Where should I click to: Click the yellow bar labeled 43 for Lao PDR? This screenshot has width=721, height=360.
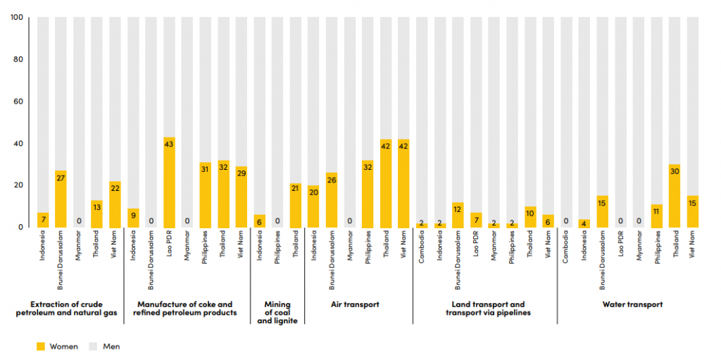(169, 183)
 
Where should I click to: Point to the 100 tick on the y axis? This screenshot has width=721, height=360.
(15, 17)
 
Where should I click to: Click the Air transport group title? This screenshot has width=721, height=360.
(356, 305)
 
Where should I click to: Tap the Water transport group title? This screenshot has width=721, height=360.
(632, 305)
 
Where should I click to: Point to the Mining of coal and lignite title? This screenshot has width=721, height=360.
(277, 313)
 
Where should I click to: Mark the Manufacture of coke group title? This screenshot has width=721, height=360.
(187, 309)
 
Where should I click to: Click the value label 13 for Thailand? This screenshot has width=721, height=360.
(97, 206)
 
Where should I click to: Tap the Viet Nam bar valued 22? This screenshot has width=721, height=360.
(115, 204)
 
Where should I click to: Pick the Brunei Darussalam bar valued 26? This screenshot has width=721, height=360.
(332, 200)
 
